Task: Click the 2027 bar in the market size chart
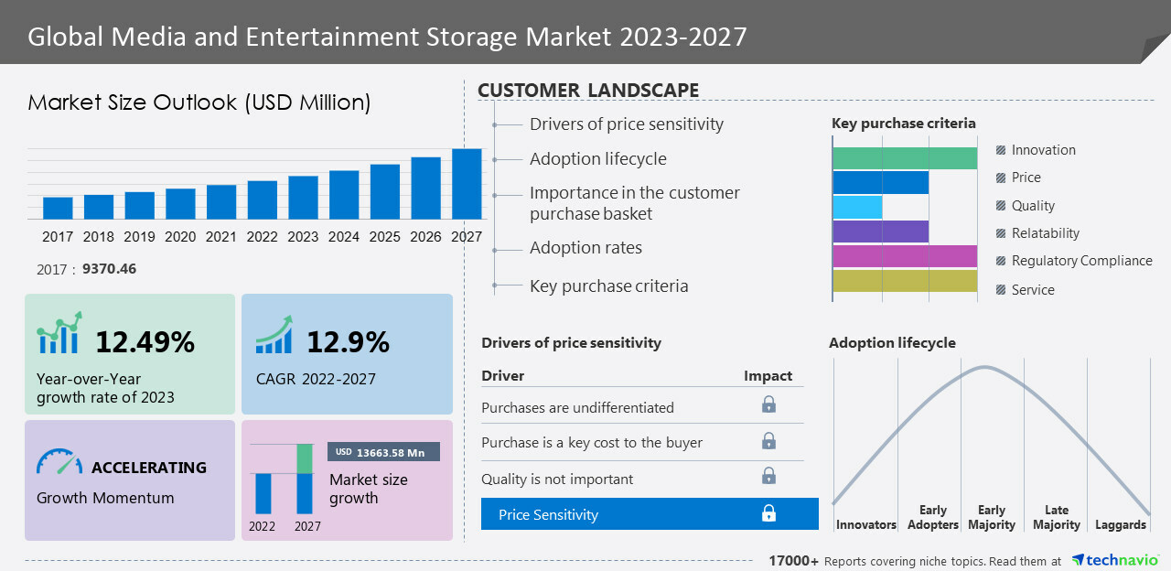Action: click(x=467, y=184)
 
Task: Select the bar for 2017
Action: click(x=58, y=208)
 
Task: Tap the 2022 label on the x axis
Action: click(x=262, y=237)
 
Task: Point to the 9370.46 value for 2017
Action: click(x=109, y=269)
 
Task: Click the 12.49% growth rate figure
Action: click(x=145, y=342)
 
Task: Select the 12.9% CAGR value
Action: click(x=349, y=342)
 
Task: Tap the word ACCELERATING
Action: click(x=149, y=467)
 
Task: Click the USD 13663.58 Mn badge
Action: click(x=383, y=452)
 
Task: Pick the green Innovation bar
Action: click(x=905, y=158)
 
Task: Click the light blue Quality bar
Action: click(x=857, y=207)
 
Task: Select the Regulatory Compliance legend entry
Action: click(x=1074, y=261)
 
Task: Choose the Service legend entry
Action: click(x=1026, y=290)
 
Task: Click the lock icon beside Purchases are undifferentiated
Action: click(x=768, y=404)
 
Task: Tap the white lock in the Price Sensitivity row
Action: click(x=768, y=513)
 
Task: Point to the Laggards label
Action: click(x=1121, y=524)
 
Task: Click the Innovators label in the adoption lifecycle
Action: click(x=866, y=524)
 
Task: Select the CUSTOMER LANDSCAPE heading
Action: click(x=588, y=91)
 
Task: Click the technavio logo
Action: click(x=1115, y=560)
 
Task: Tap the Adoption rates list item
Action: click(x=585, y=247)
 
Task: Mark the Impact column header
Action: click(x=768, y=376)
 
